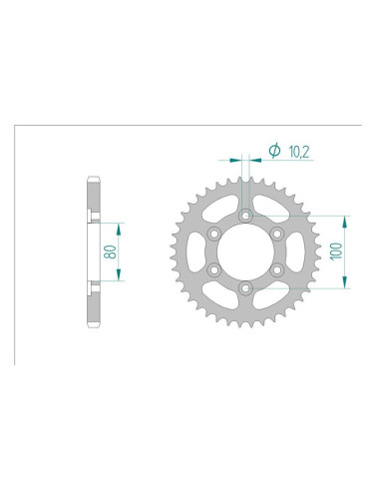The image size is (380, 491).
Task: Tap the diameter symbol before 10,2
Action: tap(273, 151)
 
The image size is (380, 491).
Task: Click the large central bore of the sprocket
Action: tap(243, 250)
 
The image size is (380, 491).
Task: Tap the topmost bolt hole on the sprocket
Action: tap(243, 215)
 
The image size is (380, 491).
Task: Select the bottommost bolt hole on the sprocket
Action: tap(243, 287)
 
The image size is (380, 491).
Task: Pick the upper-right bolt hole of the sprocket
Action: tap(275, 233)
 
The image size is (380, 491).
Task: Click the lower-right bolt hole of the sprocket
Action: tap(275, 269)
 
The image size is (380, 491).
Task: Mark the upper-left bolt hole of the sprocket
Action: tap(211, 233)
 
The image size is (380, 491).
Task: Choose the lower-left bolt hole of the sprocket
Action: tap(211, 269)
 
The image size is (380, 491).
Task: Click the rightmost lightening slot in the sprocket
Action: tap(287, 251)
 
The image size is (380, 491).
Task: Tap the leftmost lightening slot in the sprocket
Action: tap(199, 251)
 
